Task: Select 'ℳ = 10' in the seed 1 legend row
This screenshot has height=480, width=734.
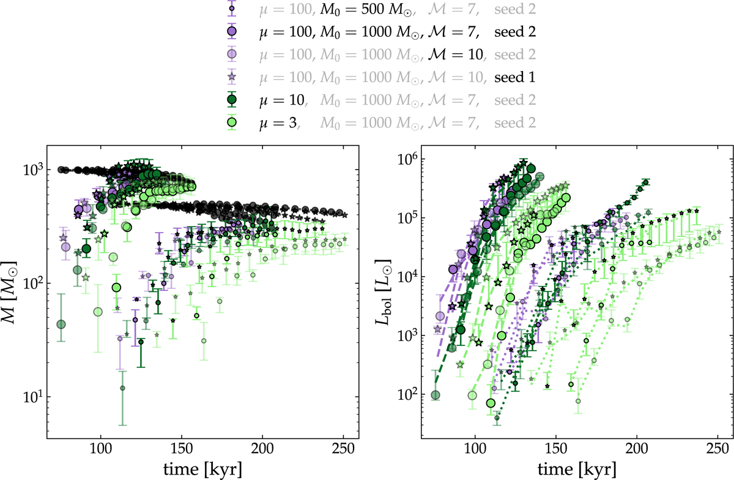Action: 457,77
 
